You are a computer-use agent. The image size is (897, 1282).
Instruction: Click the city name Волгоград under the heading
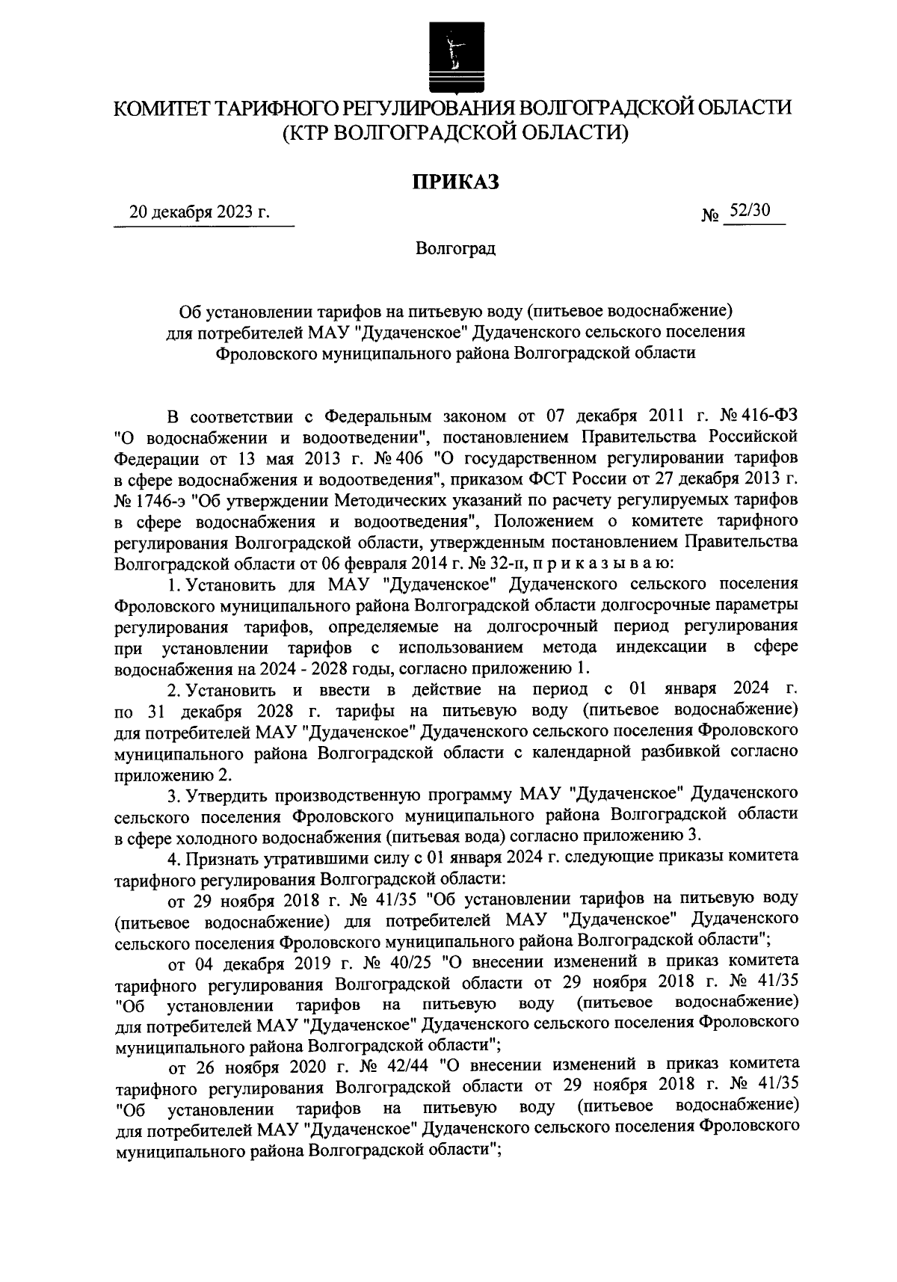455,247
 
